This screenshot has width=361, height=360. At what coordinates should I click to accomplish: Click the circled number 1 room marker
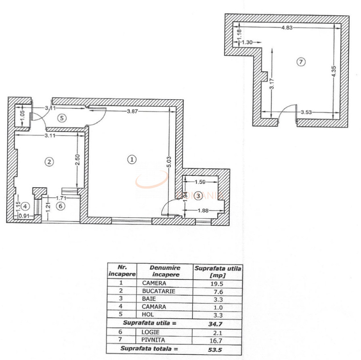[x=132, y=159]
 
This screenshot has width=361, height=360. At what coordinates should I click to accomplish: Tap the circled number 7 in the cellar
[x=301, y=62]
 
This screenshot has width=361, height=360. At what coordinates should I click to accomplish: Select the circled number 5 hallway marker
[x=62, y=118]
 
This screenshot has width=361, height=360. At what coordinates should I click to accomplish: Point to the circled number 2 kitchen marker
[x=49, y=162]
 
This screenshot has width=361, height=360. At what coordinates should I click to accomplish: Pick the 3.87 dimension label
[x=132, y=111]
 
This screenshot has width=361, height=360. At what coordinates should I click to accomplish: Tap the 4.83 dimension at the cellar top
[x=287, y=27]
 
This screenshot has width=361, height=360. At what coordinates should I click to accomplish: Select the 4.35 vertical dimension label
[x=334, y=72]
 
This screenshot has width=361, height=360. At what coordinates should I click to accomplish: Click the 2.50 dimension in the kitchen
[x=78, y=159]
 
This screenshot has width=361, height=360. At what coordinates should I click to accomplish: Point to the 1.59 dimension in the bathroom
[x=200, y=182]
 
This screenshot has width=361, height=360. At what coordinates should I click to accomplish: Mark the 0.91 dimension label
[x=24, y=216]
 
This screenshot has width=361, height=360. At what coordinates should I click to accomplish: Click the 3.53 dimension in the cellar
[x=306, y=112]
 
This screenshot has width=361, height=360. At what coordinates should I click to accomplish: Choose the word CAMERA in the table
[x=154, y=283]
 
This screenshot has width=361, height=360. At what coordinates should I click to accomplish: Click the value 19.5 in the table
[x=217, y=284]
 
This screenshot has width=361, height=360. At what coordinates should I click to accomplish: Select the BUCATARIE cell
[x=159, y=291]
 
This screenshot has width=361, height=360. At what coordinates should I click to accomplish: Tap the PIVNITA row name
[x=153, y=340]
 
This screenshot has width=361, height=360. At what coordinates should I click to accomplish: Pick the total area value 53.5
[x=215, y=350]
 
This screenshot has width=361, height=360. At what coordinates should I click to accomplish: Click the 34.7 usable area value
[x=215, y=324]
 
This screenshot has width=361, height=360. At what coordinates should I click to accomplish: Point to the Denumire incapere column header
[x=165, y=271]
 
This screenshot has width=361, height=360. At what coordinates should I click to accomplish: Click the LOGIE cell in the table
[x=150, y=332]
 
